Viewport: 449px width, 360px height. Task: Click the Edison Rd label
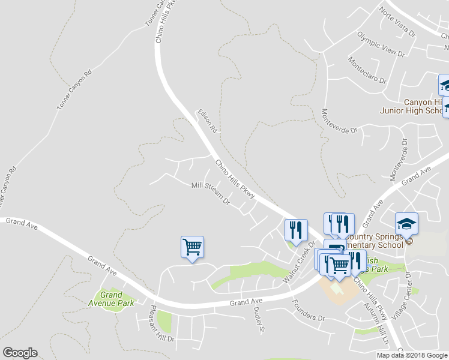(x=208, y=121)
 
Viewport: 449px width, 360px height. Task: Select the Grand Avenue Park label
(x=112, y=299)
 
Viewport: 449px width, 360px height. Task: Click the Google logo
(x=20, y=353)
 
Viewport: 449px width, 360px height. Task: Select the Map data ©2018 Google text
(x=411, y=355)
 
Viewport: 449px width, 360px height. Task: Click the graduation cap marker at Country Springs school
(x=407, y=224)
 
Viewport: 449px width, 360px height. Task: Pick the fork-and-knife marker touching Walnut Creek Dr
(x=296, y=230)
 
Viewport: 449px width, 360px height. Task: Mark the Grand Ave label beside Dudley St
(x=247, y=301)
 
